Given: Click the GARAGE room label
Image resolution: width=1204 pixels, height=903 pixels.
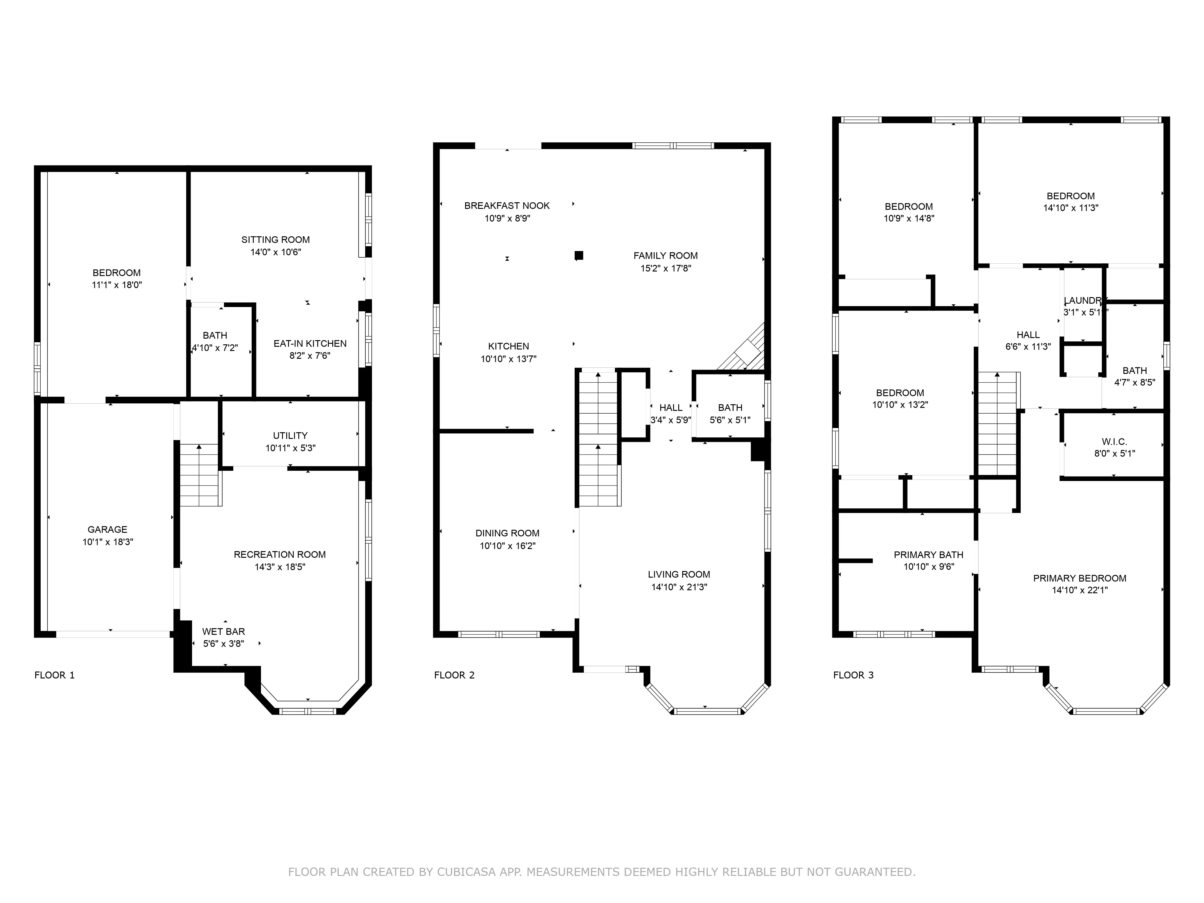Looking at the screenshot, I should point(107,529).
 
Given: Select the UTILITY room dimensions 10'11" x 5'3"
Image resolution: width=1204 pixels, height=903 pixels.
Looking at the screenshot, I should point(290,448).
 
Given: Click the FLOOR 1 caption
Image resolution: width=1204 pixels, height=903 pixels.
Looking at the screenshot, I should point(54,675).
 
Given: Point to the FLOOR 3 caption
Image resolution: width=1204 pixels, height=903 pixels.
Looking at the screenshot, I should point(853,675).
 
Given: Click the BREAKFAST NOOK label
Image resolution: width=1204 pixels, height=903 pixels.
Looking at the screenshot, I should point(507,205).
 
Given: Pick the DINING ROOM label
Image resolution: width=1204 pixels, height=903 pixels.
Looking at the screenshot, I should point(507,533).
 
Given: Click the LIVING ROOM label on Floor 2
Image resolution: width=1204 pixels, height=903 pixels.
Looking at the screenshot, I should point(679,574).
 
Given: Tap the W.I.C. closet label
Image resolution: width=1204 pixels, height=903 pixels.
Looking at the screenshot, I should point(1114,442).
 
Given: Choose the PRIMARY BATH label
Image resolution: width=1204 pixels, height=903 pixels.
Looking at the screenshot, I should point(928,555).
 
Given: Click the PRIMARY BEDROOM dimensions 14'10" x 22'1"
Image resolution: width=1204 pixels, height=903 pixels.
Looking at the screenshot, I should point(1079,590).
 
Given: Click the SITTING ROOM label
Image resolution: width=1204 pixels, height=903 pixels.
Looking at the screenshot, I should point(275,240).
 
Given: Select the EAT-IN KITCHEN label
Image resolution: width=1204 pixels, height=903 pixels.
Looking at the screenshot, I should point(310,343).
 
